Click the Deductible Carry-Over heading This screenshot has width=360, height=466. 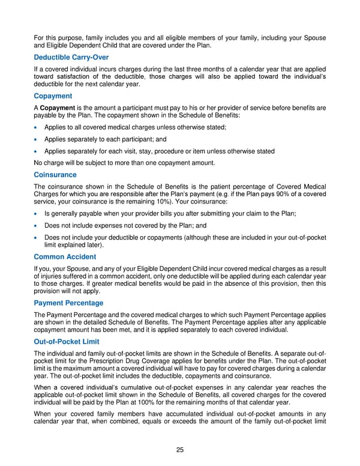point(71,57)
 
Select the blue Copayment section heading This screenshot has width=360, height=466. point(53,96)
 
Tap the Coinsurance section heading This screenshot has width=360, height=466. point(55,175)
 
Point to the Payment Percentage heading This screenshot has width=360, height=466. point(68,303)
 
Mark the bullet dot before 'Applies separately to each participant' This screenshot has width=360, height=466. point(37,139)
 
